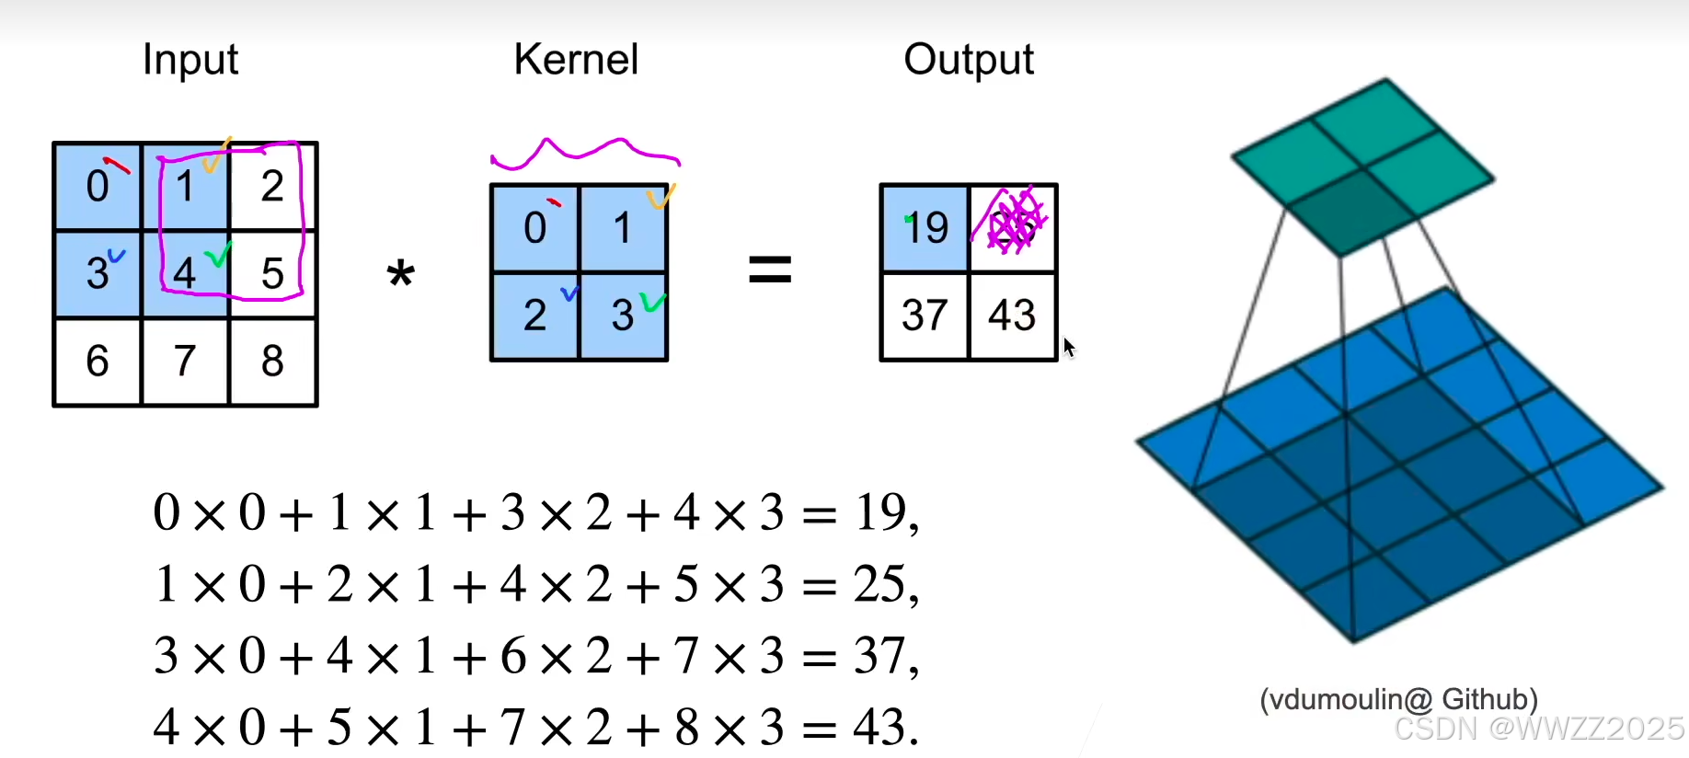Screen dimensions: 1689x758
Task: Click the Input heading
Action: point(190,60)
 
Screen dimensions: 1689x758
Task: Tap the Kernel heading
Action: point(576,60)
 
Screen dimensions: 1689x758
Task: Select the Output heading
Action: point(969,60)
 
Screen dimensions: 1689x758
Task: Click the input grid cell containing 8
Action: point(272,361)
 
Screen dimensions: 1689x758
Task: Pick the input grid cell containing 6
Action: point(98,361)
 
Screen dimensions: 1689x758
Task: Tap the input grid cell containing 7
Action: point(185,361)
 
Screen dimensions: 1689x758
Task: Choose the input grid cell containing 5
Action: point(272,273)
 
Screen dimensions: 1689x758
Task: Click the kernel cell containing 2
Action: point(535,316)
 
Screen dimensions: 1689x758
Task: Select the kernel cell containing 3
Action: point(623,316)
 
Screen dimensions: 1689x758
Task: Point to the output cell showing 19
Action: point(925,227)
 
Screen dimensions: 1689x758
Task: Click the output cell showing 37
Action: point(925,315)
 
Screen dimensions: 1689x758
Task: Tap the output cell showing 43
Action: point(1012,315)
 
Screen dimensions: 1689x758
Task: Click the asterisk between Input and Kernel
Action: point(401,273)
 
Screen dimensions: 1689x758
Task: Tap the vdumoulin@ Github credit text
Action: point(1398,699)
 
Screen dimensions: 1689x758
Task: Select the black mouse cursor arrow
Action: point(1068,348)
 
